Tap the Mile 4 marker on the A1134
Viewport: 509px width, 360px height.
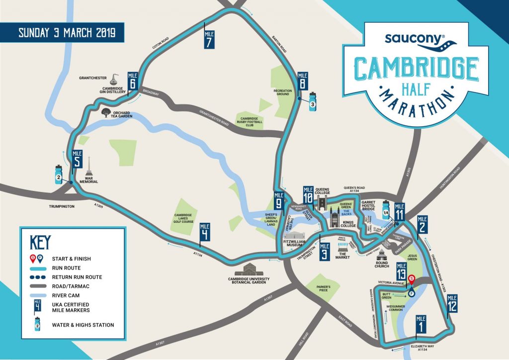point(204,232)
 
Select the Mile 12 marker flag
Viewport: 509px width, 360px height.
point(452,303)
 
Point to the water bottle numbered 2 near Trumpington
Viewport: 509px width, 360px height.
point(58,174)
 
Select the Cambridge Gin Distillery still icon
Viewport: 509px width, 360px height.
point(115,79)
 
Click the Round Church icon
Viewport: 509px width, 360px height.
point(381,255)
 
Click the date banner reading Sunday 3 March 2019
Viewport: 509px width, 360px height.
point(67,33)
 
